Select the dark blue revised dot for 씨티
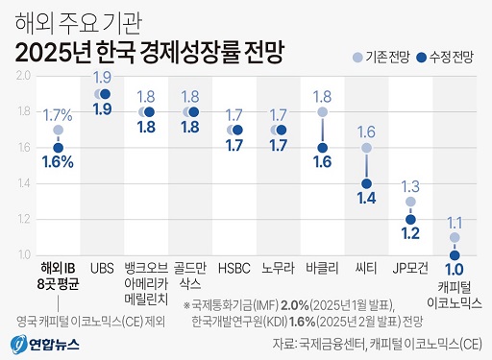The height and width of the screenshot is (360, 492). point(366,183)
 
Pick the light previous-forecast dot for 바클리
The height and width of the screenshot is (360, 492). point(322,112)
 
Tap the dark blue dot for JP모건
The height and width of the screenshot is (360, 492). point(410,219)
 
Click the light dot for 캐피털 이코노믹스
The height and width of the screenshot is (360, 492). point(455,237)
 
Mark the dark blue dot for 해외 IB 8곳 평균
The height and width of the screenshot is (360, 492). point(59,148)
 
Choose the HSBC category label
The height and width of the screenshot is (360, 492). point(234,267)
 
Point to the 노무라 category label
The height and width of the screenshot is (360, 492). point(278,267)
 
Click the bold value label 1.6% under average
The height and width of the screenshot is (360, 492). point(58,163)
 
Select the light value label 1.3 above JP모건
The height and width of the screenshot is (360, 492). point(410,185)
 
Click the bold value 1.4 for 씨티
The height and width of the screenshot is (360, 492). point(366,199)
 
